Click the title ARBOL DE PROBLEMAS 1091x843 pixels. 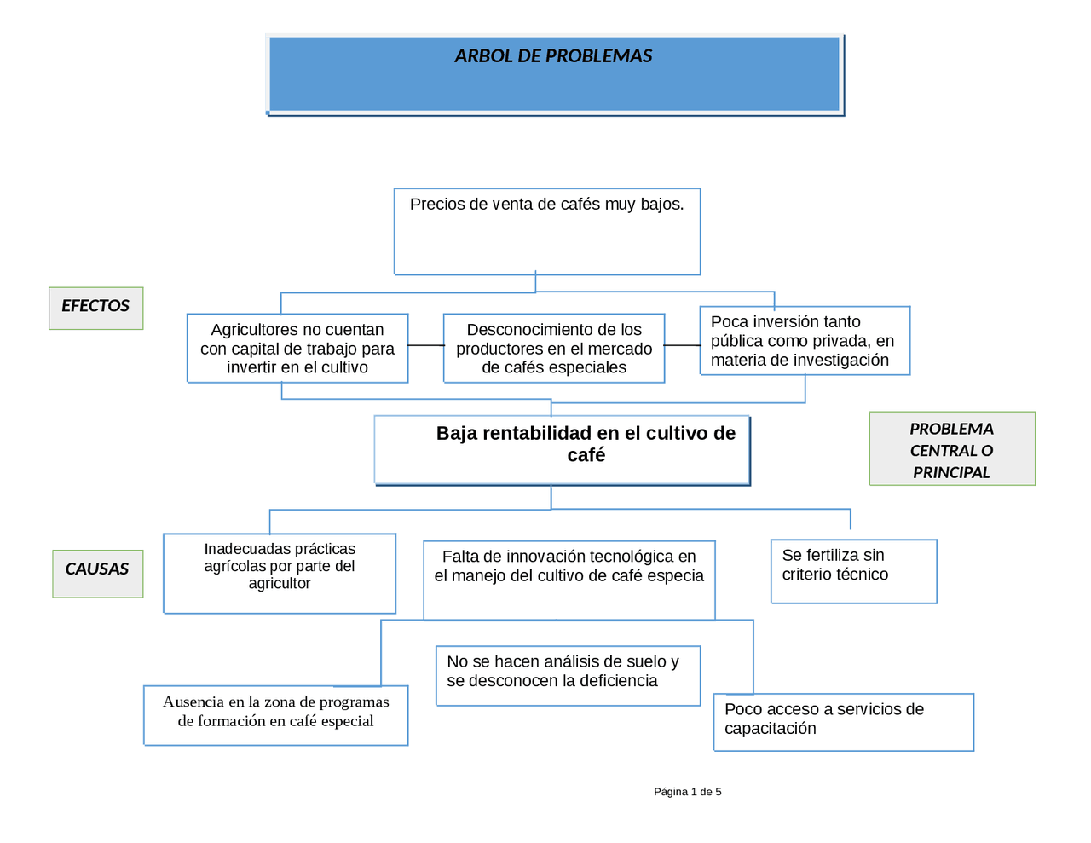click(553, 56)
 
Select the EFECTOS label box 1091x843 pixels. click(95, 307)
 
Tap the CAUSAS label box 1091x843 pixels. click(97, 573)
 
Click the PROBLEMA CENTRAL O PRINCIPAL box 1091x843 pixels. click(951, 450)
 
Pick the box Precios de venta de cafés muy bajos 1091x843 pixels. click(546, 231)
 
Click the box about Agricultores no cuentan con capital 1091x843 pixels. click(297, 349)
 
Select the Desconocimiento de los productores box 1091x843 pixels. click(553, 349)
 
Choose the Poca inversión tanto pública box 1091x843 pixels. click(804, 341)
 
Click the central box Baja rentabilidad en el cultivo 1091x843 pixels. click(562, 450)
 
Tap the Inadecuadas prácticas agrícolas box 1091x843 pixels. click(280, 573)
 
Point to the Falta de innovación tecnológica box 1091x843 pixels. click(569, 580)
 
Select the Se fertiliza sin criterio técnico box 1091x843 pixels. click(853, 571)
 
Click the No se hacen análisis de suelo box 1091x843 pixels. click(568, 675)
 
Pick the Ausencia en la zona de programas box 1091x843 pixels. click(275, 714)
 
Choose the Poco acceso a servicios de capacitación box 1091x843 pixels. click(843, 721)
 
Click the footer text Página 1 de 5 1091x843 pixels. click(687, 792)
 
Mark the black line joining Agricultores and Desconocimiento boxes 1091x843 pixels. click(425, 345)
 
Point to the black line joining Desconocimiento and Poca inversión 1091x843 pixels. click(682, 345)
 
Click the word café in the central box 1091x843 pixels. click(586, 456)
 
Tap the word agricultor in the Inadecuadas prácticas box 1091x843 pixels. click(280, 584)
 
